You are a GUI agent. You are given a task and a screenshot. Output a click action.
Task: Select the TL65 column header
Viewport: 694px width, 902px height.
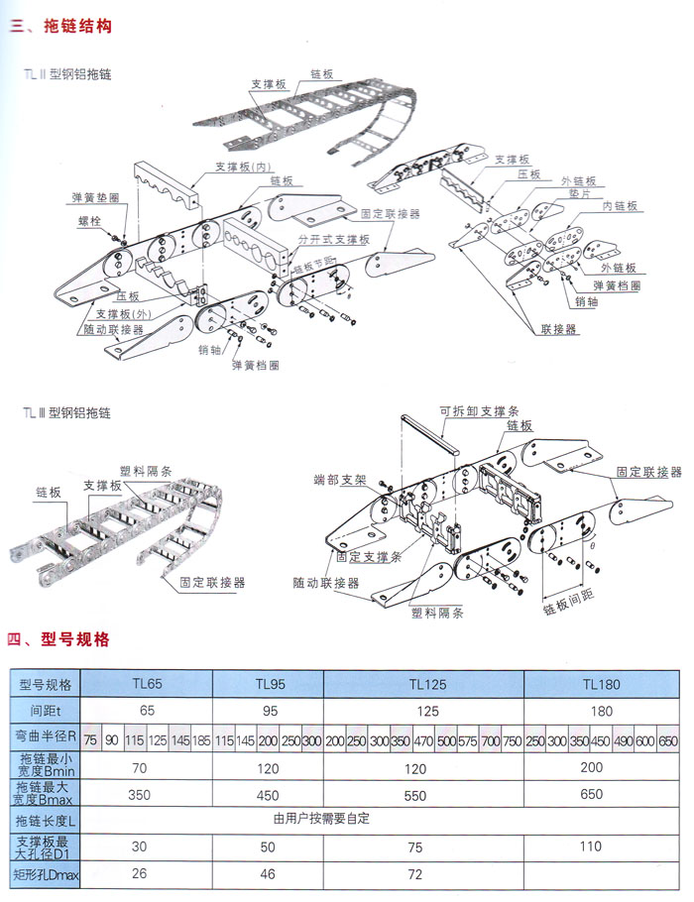point(147,683)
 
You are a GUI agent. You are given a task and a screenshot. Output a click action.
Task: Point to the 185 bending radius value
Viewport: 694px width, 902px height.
point(201,740)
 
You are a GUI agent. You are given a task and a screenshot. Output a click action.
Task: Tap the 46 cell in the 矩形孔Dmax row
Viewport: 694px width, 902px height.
point(268,873)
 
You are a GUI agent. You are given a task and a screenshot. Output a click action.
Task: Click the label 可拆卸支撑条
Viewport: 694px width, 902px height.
point(470,408)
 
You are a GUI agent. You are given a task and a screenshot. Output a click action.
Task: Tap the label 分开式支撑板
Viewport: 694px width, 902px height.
point(333,240)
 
